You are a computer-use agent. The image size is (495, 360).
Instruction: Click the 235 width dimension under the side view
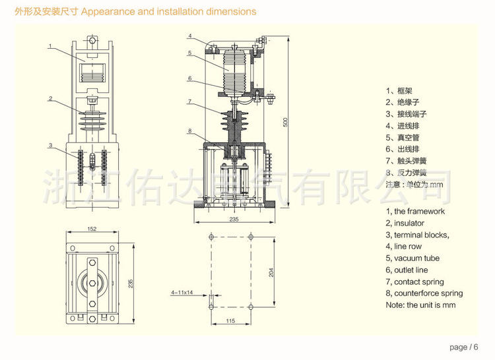click(x=234, y=220)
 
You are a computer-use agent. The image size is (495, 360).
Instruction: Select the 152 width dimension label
click(x=92, y=229)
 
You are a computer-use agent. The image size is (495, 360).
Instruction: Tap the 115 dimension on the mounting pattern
click(x=231, y=321)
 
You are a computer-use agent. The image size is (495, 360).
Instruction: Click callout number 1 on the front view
click(x=50, y=45)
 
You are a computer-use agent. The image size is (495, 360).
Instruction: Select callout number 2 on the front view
click(x=50, y=98)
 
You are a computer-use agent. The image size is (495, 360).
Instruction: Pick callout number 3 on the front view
click(x=50, y=145)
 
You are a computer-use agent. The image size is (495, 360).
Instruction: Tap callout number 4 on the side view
click(x=189, y=36)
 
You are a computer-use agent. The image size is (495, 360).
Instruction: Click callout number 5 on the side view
click(x=189, y=53)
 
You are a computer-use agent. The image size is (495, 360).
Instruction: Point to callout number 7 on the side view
click(x=189, y=102)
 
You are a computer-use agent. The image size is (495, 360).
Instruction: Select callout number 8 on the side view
click(x=189, y=131)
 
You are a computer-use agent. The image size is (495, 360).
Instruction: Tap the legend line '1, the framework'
click(x=415, y=212)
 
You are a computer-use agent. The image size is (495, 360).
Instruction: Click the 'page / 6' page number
click(x=463, y=347)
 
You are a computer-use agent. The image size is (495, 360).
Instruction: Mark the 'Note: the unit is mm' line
click(x=420, y=305)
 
